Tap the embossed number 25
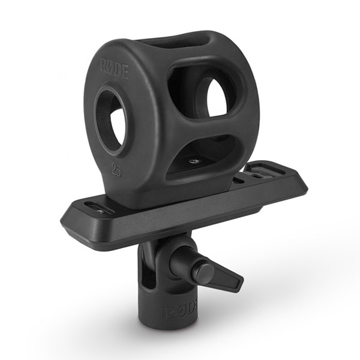116,169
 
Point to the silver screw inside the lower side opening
193,161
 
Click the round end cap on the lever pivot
205,272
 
